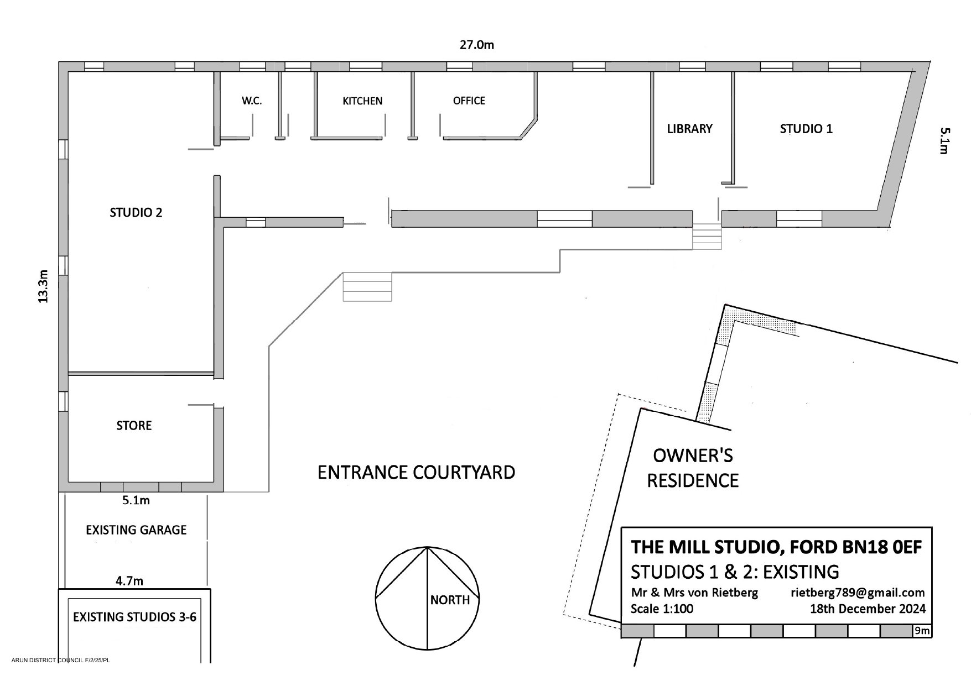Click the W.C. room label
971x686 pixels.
[252, 101]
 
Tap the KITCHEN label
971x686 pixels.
[362, 101]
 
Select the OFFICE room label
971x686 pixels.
[469, 101]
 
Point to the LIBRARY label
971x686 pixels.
[689, 129]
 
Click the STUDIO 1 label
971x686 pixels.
[806, 129]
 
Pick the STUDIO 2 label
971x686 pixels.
[136, 213]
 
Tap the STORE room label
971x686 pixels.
[134, 426]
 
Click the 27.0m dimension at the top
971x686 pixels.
[477, 45]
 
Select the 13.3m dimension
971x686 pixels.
[43, 286]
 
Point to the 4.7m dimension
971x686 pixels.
[129, 581]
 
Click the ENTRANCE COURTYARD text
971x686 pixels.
[416, 473]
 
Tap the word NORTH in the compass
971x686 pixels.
[450, 600]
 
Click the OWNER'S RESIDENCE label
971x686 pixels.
[693, 468]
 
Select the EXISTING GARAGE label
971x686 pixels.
[136, 530]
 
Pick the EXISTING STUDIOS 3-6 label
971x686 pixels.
[134, 617]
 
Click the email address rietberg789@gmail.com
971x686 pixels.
[858, 593]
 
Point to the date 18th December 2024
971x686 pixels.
[868, 609]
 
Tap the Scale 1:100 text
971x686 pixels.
[662, 609]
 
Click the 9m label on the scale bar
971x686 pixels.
[922, 631]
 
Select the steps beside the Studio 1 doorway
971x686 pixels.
[707, 237]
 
